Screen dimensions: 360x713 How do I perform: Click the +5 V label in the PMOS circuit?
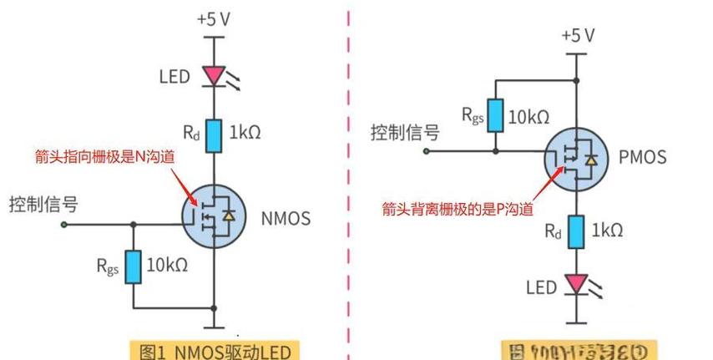tap(577, 35)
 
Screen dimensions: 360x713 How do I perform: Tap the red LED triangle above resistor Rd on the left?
tap(215, 76)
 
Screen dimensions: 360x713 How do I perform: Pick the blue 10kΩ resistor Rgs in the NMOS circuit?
tap(133, 266)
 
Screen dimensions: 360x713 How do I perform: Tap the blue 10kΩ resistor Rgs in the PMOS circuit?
tap(496, 115)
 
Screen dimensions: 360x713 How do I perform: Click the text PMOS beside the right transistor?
tap(643, 156)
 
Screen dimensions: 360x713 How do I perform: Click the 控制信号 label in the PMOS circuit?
tap(405, 132)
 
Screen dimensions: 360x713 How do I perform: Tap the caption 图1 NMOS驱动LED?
tap(214, 351)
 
